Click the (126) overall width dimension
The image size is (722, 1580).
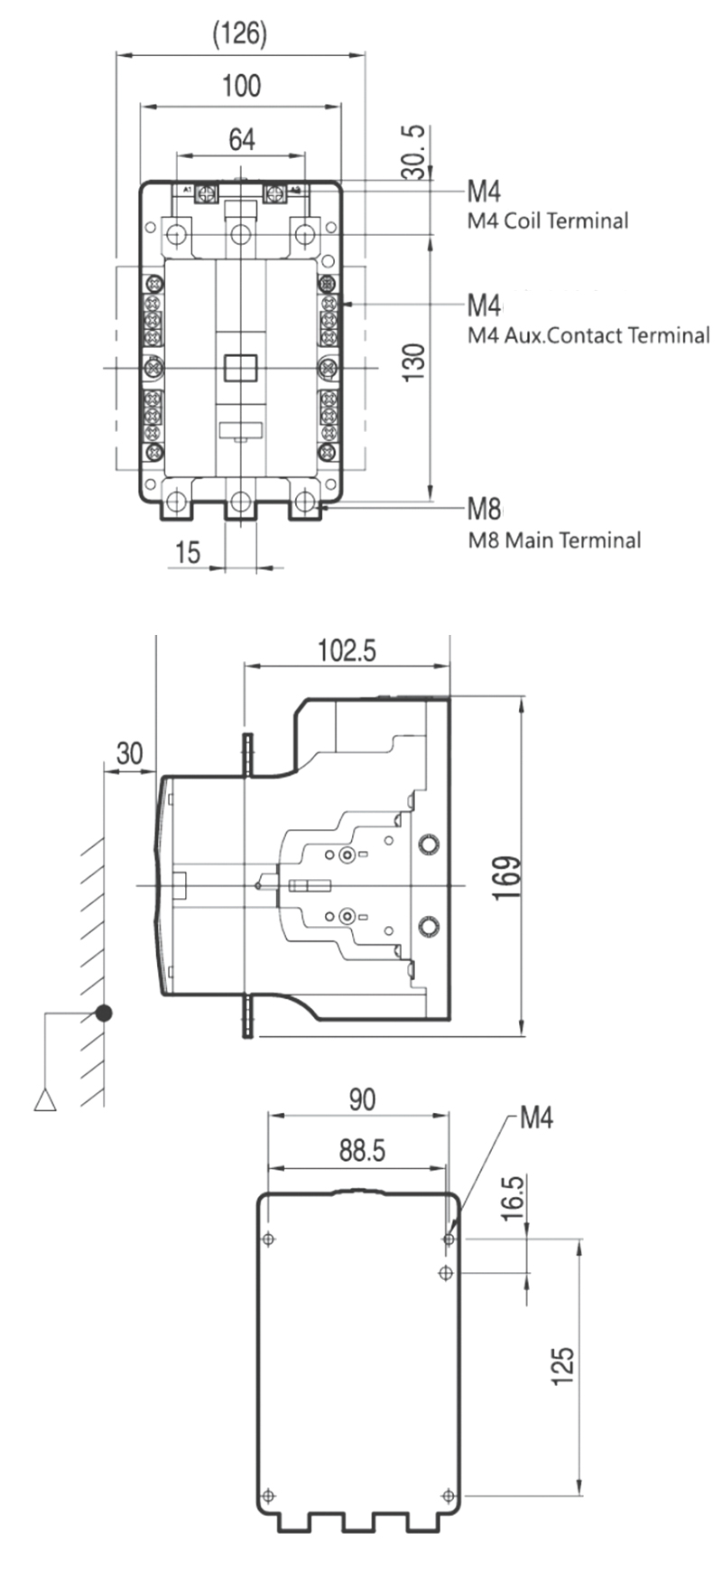[240, 34]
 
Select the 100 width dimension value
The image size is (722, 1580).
[241, 86]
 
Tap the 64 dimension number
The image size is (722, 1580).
[241, 139]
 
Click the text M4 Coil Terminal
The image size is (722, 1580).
[547, 220]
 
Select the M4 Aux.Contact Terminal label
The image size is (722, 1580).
[588, 335]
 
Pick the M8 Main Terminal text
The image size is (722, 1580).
[554, 540]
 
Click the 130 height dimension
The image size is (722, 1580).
[413, 361]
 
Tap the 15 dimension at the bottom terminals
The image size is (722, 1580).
[188, 552]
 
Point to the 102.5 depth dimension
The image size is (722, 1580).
[347, 650]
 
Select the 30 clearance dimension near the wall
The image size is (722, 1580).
[130, 753]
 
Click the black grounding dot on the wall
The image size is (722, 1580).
[105, 1013]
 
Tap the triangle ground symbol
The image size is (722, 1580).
[45, 1100]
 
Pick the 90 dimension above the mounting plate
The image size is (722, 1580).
[361, 1099]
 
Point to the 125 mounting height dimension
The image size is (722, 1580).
[562, 1366]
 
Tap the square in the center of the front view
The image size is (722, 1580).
[241, 367]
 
